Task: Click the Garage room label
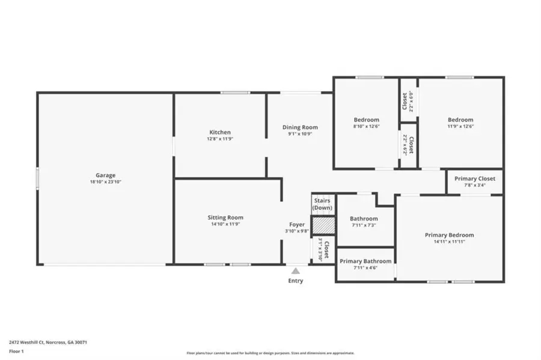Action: [105, 175]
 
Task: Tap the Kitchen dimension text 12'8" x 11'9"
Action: [220, 139]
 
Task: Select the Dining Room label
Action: [300, 127]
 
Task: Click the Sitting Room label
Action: [225, 218]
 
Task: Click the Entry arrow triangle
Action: [295, 271]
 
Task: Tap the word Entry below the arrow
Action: [295, 281]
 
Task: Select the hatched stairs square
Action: [322, 224]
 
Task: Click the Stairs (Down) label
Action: [323, 204]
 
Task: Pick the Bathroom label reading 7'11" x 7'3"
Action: [364, 219]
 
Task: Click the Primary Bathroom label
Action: [365, 261]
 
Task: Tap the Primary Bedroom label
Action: [449, 235]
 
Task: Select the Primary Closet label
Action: [474, 178]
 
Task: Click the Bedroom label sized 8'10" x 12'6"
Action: [366, 120]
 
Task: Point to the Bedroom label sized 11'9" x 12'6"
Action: [460, 120]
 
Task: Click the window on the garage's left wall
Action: [37, 179]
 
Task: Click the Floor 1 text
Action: [16, 350]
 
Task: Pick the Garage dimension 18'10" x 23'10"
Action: [105, 182]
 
